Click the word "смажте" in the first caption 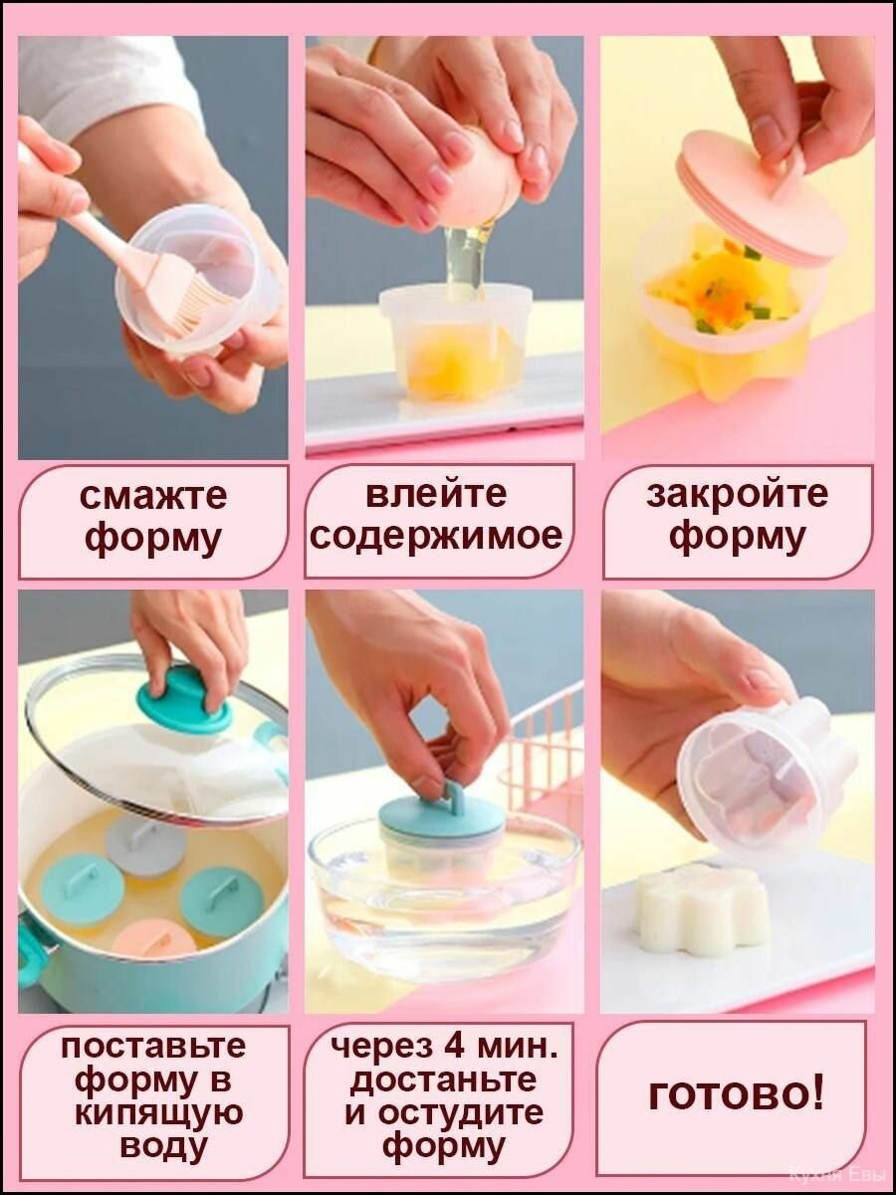coord(153,495)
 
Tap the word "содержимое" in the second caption coord(436,537)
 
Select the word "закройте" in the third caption coord(737,495)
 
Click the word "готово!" coord(736,1096)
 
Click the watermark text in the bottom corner coord(835,1176)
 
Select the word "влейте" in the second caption coord(436,494)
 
